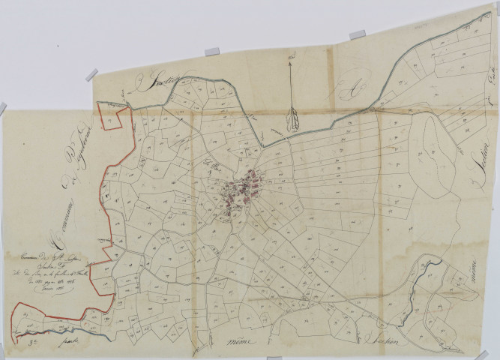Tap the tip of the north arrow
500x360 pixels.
(x=292, y=58)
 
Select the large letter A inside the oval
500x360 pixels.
(x=346, y=91)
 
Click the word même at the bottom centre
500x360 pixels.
(x=239, y=342)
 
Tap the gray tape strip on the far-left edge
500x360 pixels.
(x=3, y=108)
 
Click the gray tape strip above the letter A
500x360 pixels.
(x=358, y=34)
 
